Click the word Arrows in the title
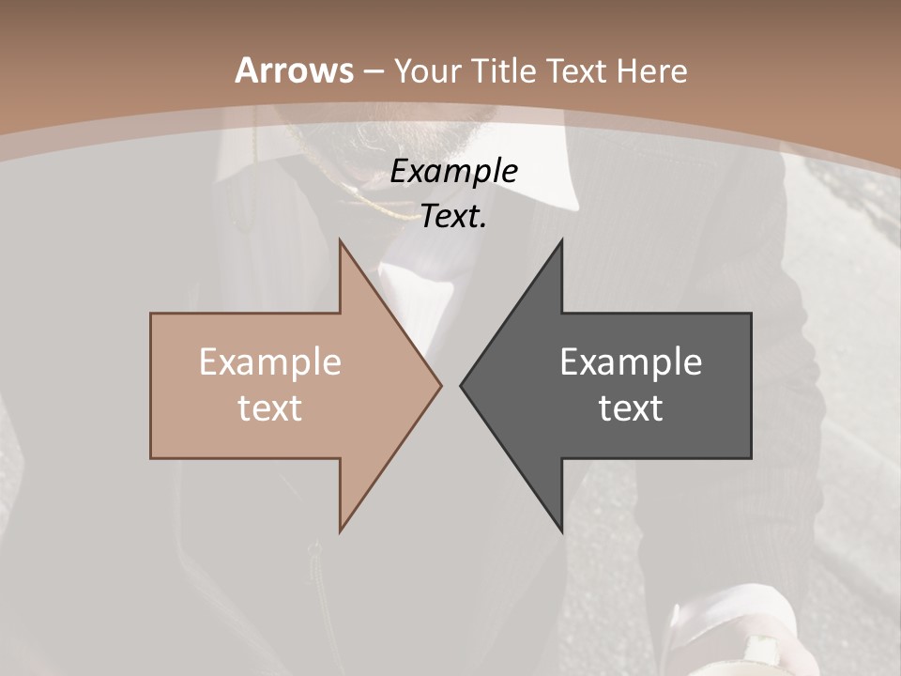295,70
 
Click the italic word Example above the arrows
453,171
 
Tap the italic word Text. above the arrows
453,216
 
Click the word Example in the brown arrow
269,361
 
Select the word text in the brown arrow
269,407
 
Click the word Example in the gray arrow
631,361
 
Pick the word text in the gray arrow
631,407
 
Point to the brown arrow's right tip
440,385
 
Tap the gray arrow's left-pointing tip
462,385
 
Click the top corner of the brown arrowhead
341,241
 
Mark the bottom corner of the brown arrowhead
341,530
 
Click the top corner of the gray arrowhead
561,241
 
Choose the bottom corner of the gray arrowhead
561,530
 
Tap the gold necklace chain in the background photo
375,202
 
